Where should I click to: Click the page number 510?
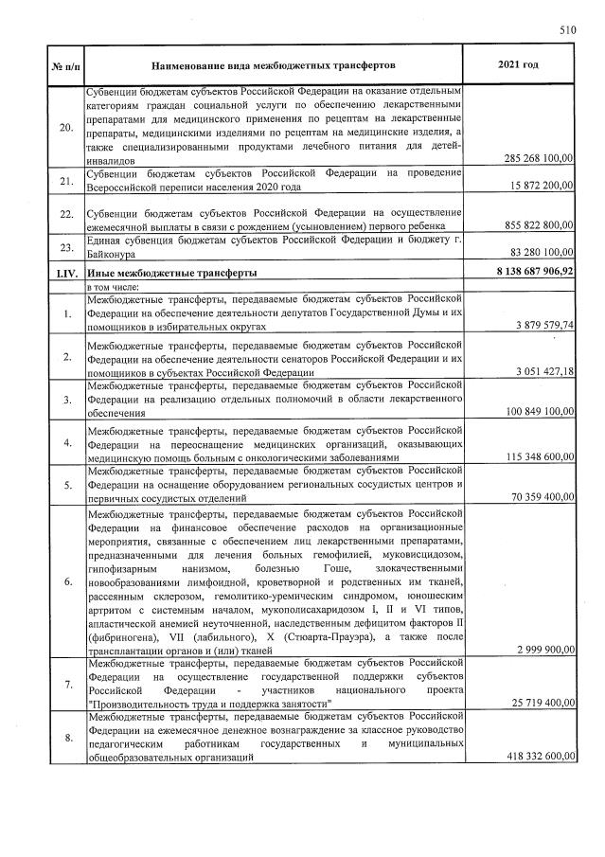(567, 30)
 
